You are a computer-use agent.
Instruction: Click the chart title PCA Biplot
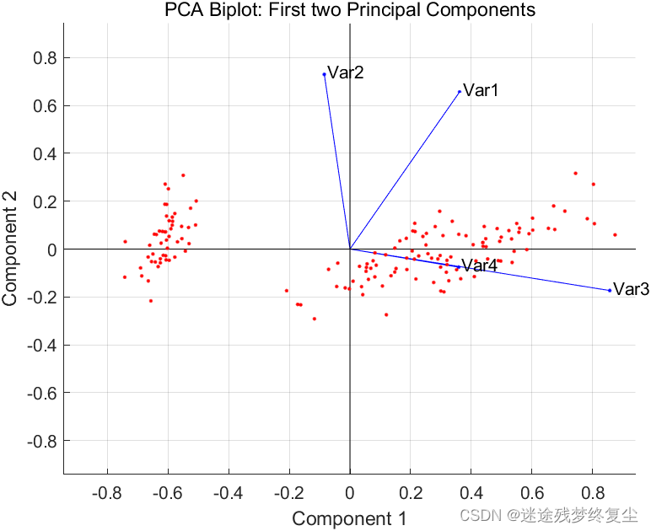[350, 10]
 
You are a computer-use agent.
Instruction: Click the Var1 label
[482, 90]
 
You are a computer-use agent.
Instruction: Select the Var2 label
[346, 72]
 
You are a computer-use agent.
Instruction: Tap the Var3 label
[631, 289]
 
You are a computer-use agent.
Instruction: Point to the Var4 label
[479, 266]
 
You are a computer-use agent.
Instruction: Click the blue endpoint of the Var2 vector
[324, 74]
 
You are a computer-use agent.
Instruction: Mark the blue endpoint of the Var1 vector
[460, 92]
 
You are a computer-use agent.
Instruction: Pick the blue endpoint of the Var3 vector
[610, 291]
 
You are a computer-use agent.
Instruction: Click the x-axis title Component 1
[349, 518]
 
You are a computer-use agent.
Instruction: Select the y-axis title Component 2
[11, 249]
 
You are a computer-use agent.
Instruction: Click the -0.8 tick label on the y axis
[41, 441]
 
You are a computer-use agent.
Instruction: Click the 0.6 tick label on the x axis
[532, 491]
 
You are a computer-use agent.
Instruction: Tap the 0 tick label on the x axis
[350, 491]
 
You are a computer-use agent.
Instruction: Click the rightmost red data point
[615, 234]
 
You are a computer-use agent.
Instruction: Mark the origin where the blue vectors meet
[350, 249]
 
